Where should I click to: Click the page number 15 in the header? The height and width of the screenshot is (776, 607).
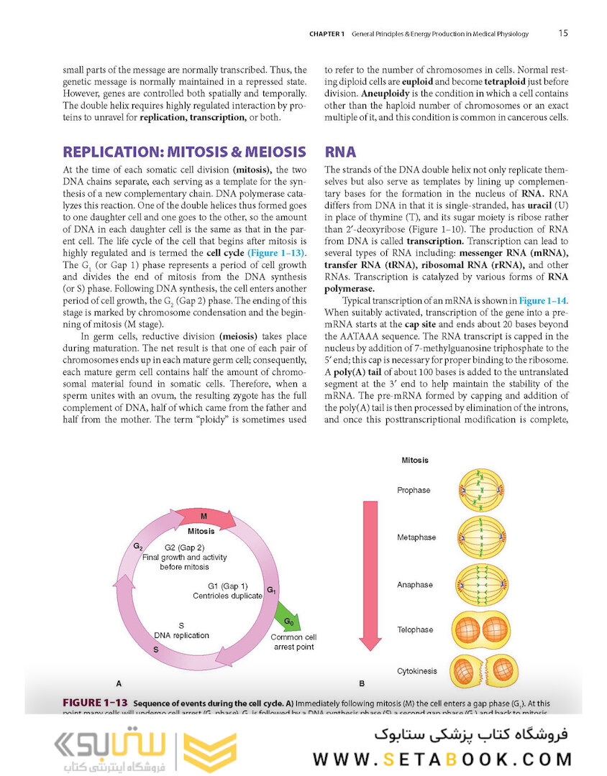pyautogui.click(x=564, y=33)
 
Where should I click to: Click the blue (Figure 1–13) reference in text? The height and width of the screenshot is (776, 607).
pyautogui.click(x=276, y=254)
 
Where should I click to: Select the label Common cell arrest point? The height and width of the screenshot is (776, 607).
pyautogui.click(x=293, y=642)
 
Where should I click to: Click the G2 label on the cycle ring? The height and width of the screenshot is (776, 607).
pyautogui.click(x=137, y=547)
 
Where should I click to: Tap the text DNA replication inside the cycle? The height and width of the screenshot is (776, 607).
pyautogui.click(x=181, y=635)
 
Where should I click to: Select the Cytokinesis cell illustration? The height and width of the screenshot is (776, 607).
pyautogui.click(x=481, y=671)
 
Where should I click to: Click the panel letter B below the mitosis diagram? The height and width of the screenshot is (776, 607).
pyautogui.click(x=362, y=683)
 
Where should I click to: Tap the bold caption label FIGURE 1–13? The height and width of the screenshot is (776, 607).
pyautogui.click(x=95, y=702)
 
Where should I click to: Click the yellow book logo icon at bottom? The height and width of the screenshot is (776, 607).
pyautogui.click(x=209, y=752)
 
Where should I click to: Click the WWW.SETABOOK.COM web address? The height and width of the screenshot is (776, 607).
pyautogui.click(x=442, y=759)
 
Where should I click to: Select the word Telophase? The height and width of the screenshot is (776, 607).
pyautogui.click(x=415, y=629)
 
